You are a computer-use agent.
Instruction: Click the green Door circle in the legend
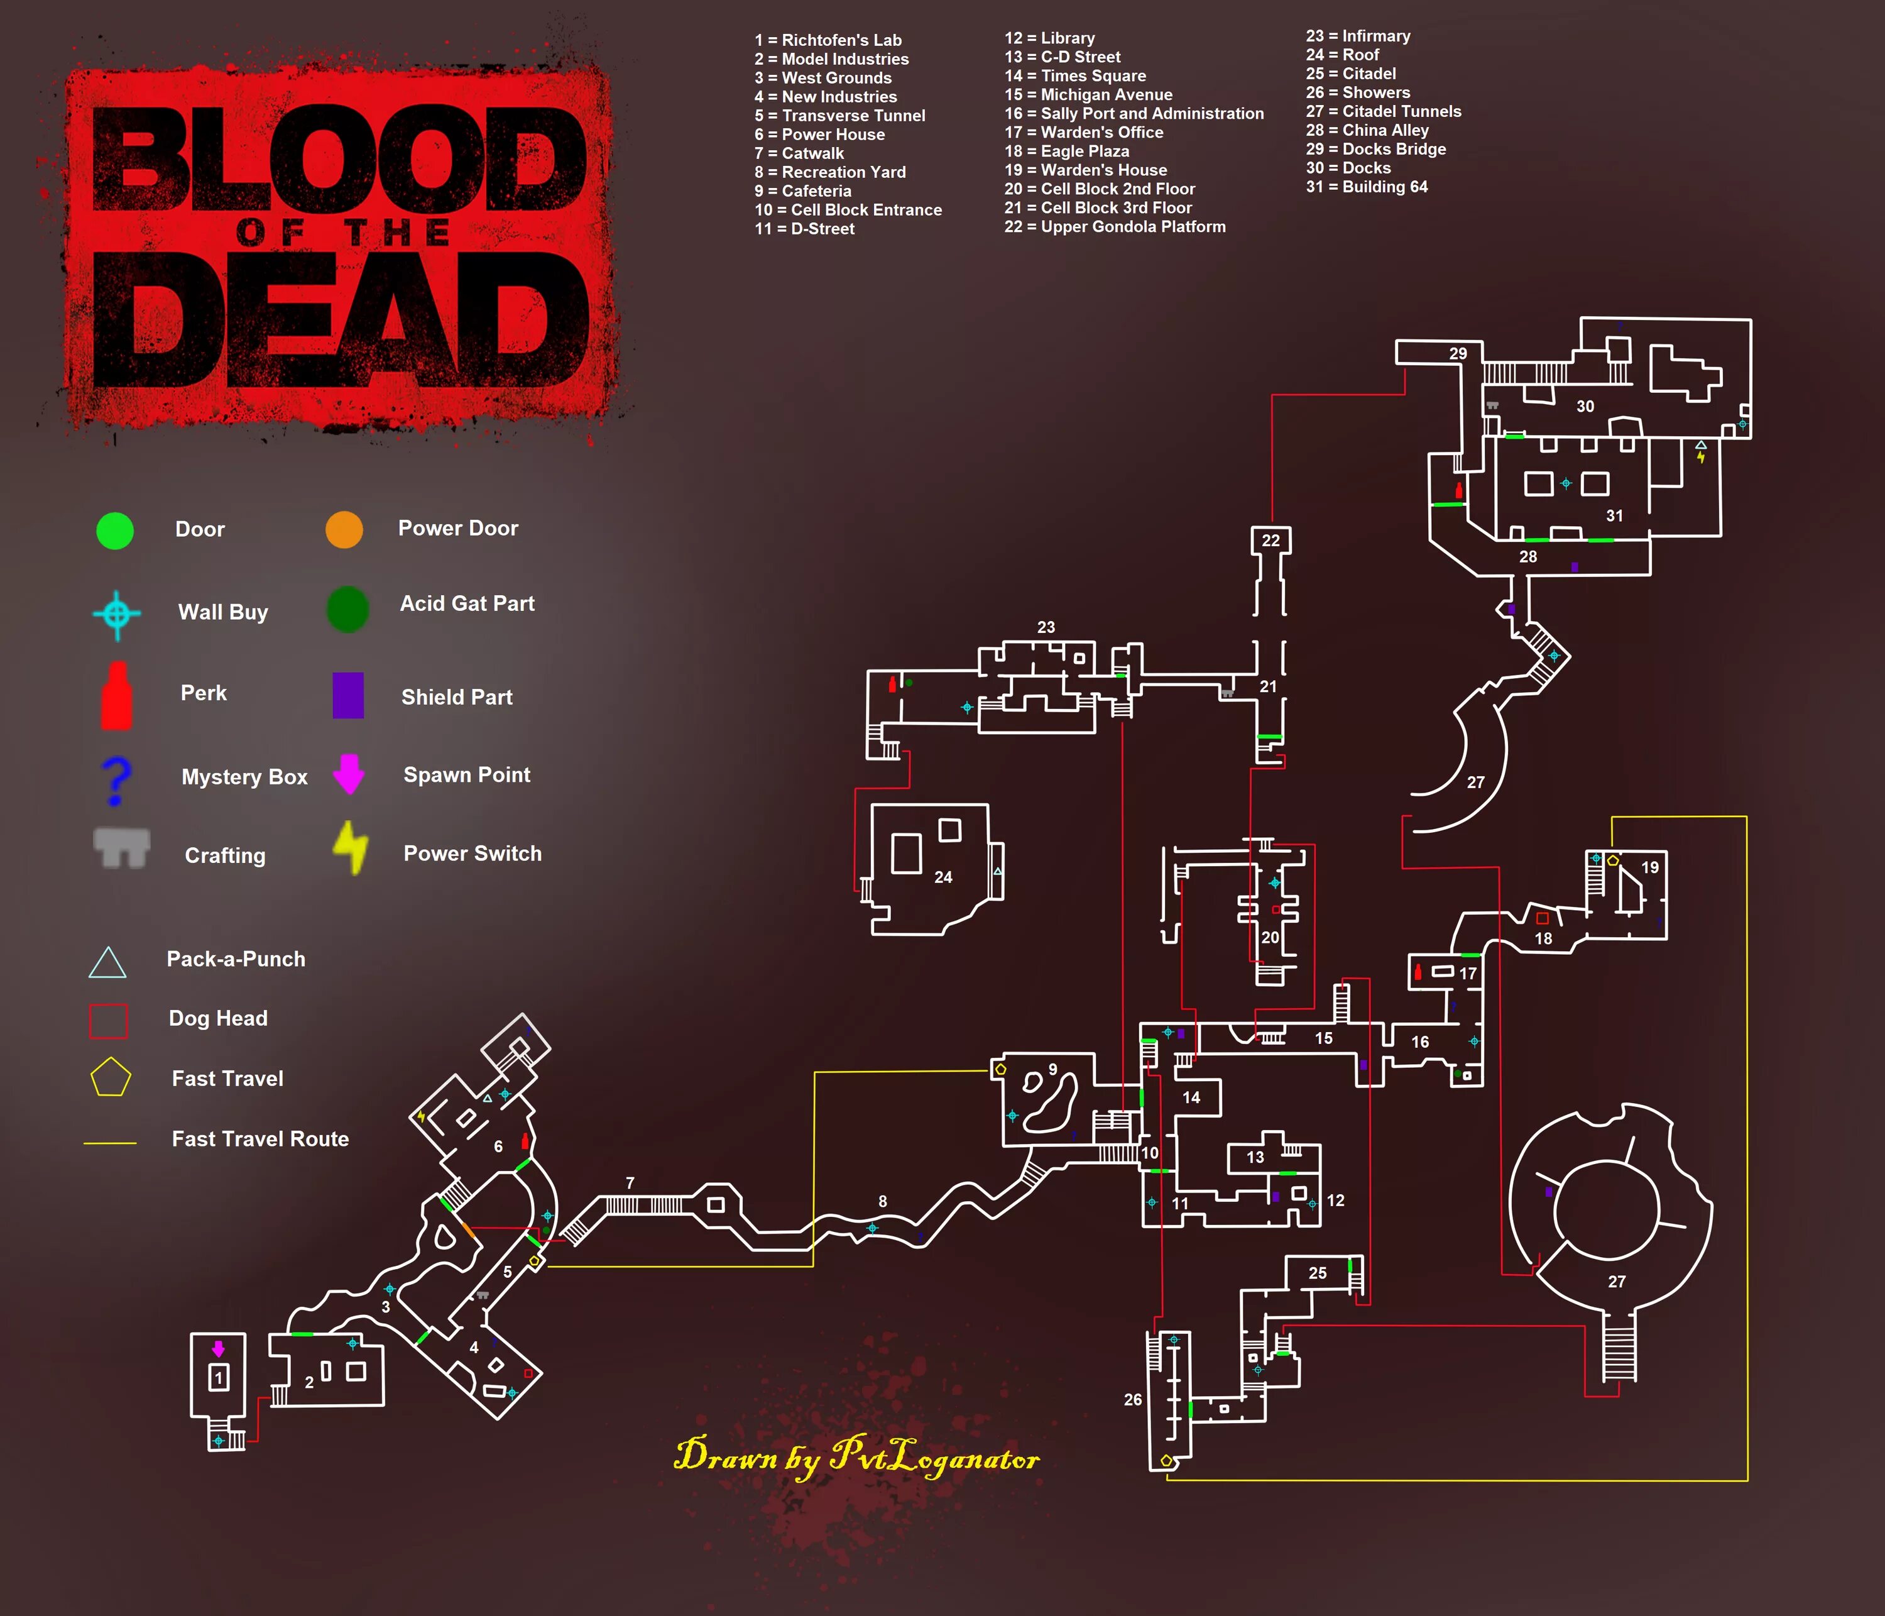[x=114, y=530]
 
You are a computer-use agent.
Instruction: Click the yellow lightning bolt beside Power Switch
[x=350, y=847]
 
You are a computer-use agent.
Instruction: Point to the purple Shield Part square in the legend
[x=347, y=695]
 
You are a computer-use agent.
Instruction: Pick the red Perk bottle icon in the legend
[x=116, y=696]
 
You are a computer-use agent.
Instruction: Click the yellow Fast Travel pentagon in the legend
[x=110, y=1077]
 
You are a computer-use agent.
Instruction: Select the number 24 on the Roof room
[x=943, y=877]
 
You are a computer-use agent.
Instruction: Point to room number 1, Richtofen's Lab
[x=218, y=1378]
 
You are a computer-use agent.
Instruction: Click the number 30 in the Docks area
[x=1585, y=407]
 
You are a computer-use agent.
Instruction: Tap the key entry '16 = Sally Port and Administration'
[x=1134, y=114]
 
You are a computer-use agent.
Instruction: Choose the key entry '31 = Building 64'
[x=1367, y=187]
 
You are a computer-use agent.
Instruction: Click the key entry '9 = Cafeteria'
[x=802, y=191]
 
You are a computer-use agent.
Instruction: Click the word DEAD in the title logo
[x=341, y=319]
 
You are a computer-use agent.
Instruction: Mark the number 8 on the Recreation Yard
[x=882, y=1201]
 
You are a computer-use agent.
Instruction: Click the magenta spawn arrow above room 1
[x=218, y=1348]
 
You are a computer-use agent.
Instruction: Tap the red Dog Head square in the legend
[x=108, y=1020]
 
